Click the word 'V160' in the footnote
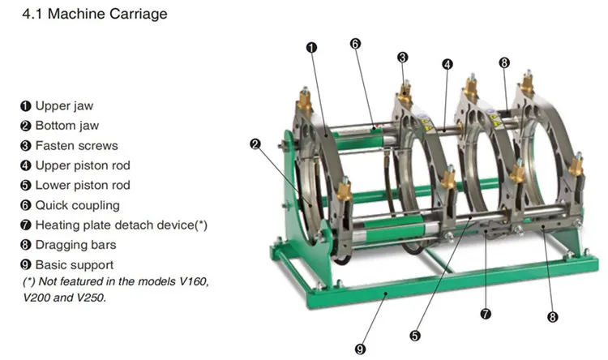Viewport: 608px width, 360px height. [191, 281]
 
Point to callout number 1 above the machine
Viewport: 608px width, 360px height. [311, 48]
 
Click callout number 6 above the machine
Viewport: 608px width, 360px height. [355, 43]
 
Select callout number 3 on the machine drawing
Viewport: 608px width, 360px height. [402, 57]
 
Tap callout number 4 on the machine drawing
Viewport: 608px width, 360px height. [447, 63]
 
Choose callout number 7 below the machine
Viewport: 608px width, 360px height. [486, 313]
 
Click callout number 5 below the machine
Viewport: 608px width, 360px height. [415, 334]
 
